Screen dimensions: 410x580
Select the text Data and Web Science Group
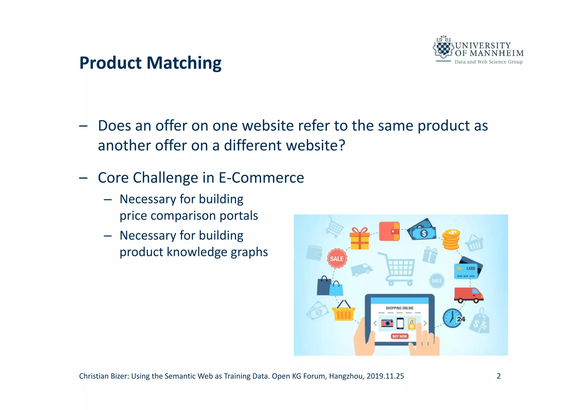tap(488, 62)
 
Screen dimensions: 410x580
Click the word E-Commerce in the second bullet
tap(261, 178)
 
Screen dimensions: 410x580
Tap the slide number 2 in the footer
tap(498, 376)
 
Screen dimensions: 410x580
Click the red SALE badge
tap(336, 259)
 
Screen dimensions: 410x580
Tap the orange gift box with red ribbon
tap(359, 239)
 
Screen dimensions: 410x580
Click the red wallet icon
tap(389, 231)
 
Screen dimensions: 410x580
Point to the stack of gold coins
tap(451, 240)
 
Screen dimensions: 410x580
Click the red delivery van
tap(468, 294)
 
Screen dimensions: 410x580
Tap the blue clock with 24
tap(453, 318)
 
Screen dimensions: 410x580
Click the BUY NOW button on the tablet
tap(399, 336)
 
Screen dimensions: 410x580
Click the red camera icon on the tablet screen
tap(387, 323)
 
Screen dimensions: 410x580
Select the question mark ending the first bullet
tap(342, 146)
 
